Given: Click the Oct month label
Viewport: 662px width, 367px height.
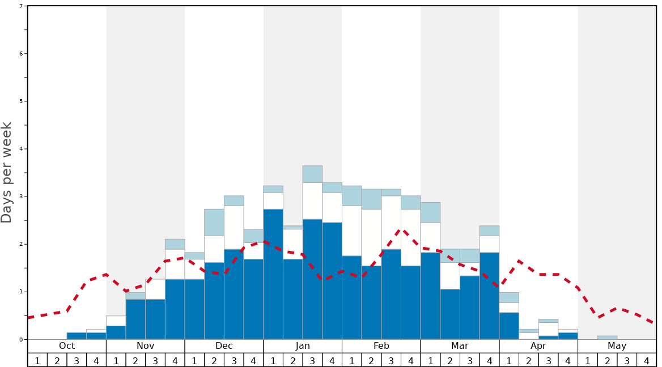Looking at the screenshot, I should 67,346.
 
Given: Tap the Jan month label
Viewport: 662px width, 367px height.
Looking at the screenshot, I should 303,346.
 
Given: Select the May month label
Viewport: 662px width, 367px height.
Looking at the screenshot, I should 617,346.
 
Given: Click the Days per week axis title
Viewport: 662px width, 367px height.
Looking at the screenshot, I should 7,172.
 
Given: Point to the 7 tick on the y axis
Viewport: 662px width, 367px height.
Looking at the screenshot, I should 21,6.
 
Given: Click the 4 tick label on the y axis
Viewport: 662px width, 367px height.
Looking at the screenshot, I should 21,149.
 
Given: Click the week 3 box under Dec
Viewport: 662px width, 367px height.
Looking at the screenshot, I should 234,360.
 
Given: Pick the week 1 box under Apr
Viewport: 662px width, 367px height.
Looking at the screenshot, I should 509,360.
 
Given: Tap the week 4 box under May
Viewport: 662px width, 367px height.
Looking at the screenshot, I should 646,360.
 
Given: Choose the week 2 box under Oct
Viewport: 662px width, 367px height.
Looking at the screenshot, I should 57,360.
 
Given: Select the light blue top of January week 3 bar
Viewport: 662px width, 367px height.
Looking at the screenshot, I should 312,174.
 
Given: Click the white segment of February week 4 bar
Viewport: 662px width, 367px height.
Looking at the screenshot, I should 411,237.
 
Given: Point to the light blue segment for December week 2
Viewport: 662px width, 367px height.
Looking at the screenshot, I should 214,223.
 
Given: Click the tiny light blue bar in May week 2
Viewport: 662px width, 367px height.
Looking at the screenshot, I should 607,338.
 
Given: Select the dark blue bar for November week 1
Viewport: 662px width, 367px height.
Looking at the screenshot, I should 116,332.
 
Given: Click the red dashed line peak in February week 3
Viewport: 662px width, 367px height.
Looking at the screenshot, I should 401,230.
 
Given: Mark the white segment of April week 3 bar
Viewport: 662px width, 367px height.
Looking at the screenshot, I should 548,329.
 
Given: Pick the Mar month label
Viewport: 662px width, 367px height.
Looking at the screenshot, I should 460,346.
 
